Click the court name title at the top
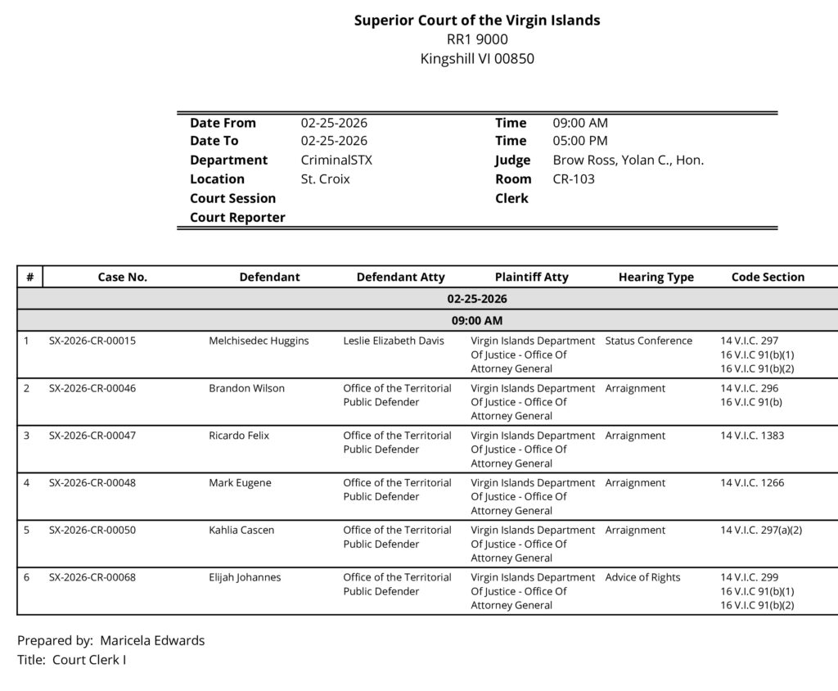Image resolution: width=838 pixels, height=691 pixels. tap(476, 20)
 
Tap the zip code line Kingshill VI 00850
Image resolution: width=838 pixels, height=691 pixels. tap(476, 58)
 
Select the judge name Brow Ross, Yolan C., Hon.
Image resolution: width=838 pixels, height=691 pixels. tap(628, 160)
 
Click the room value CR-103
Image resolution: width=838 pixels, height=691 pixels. tap(574, 179)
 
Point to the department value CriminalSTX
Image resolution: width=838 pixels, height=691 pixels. tap(336, 160)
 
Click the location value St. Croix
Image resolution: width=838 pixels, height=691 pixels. tap(325, 179)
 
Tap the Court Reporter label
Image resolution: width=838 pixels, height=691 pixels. tap(237, 218)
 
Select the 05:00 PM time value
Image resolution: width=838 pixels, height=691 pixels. tap(580, 141)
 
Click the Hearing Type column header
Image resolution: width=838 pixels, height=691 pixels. tap(656, 278)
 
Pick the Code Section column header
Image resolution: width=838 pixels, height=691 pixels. tap(768, 278)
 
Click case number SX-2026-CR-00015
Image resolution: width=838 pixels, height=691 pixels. tap(92, 341)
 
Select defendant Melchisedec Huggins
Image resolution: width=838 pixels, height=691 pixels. tap(259, 341)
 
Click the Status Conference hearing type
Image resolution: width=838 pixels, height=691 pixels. tap(648, 341)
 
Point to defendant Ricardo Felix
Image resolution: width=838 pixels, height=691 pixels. tap(239, 436)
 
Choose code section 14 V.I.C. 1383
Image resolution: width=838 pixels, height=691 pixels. tap(752, 436)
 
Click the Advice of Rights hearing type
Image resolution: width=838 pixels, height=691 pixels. tap(642, 578)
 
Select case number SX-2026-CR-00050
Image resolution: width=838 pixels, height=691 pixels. tap(92, 531)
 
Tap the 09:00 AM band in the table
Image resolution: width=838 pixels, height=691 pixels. tap(476, 320)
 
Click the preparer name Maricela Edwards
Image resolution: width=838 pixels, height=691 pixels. tap(152, 641)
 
